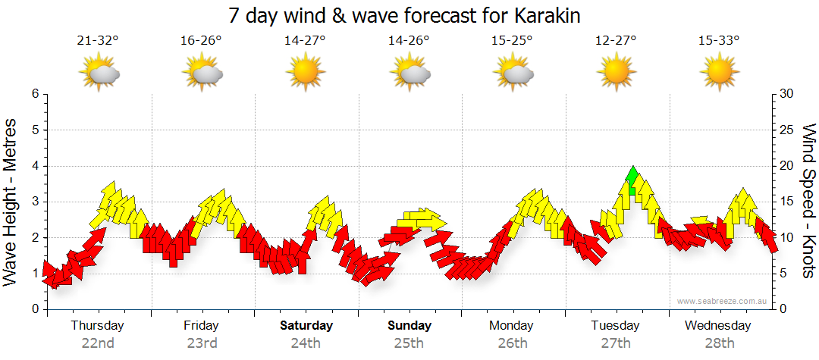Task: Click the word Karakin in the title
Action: point(551,15)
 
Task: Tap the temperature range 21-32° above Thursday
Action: point(98,41)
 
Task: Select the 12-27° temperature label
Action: point(616,41)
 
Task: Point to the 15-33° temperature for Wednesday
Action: point(719,41)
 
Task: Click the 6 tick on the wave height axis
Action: point(35,94)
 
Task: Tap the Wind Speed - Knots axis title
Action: point(808,201)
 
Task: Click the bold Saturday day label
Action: point(306,326)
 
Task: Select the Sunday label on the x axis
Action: point(409,326)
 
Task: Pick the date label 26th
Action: point(513,343)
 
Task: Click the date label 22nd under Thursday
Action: point(98,343)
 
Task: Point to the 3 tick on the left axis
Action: point(35,202)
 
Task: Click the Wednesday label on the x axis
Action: point(717,326)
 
